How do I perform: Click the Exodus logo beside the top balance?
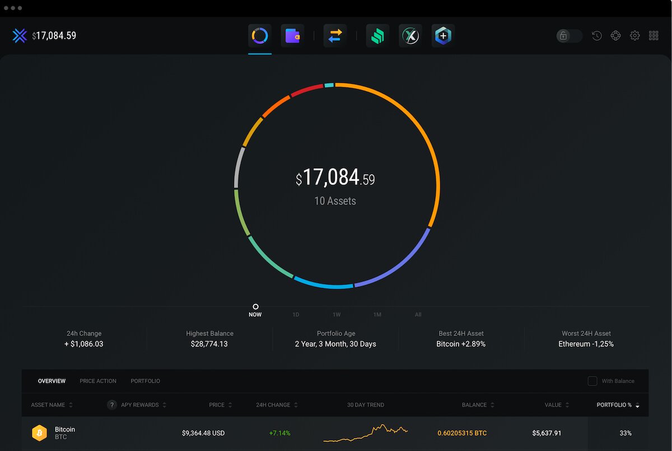tap(20, 36)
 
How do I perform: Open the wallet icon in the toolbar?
tap(292, 36)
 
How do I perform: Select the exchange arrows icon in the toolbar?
tap(335, 36)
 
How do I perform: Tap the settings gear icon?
tap(634, 36)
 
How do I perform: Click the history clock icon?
tap(597, 36)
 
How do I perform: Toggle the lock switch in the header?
tap(569, 36)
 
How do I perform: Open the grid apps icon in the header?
tap(654, 36)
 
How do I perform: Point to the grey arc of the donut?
tap(238, 167)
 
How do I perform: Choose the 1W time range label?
tap(337, 315)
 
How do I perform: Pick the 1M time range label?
tap(377, 315)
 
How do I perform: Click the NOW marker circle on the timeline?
tap(255, 307)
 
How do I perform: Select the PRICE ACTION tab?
tap(98, 381)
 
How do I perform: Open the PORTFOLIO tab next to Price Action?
tap(145, 381)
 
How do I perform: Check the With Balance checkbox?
tap(592, 381)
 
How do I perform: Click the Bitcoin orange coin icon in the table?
tap(39, 433)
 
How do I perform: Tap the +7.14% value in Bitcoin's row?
tap(279, 433)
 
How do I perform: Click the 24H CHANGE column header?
tap(273, 405)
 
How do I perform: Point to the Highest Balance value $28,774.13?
tap(209, 344)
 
